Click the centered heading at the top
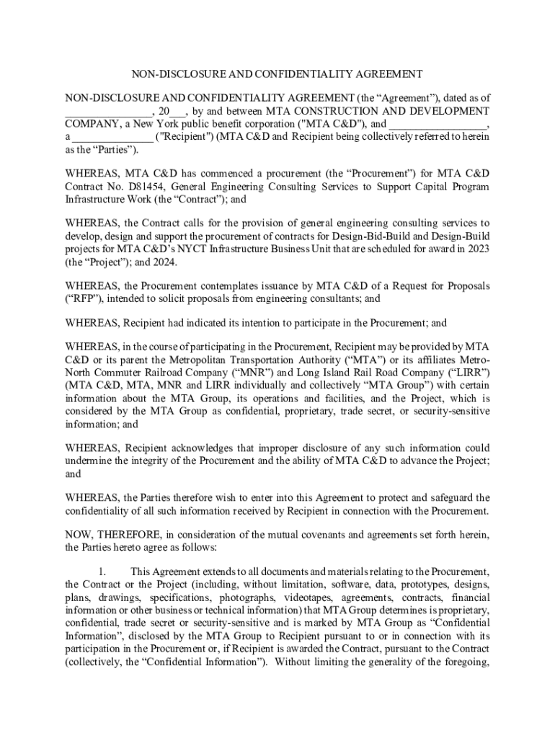click(276, 74)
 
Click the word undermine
click(90, 461)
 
